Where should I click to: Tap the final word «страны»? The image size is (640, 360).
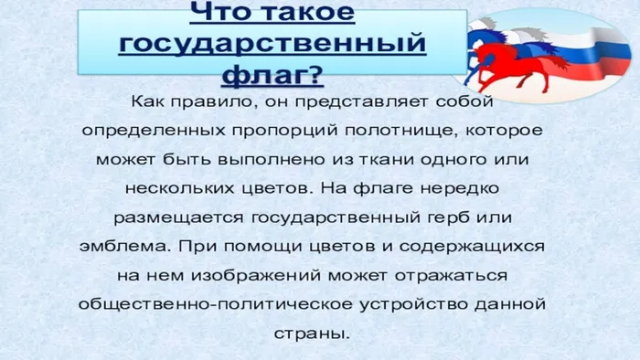point(311,334)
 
